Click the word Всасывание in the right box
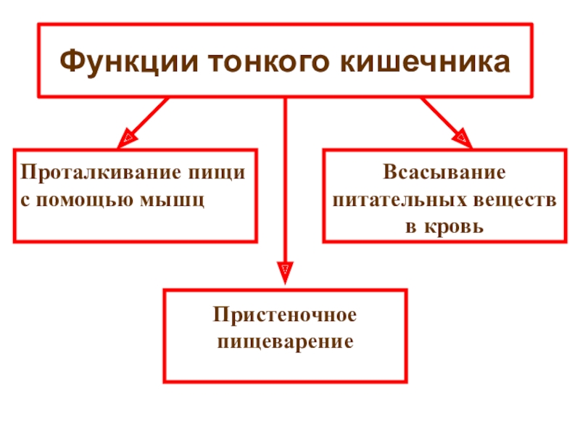click(x=444, y=174)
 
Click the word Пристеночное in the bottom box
click(x=285, y=316)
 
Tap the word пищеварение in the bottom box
click(x=285, y=340)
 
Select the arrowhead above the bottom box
click(x=285, y=274)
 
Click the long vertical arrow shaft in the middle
click(x=285, y=181)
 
